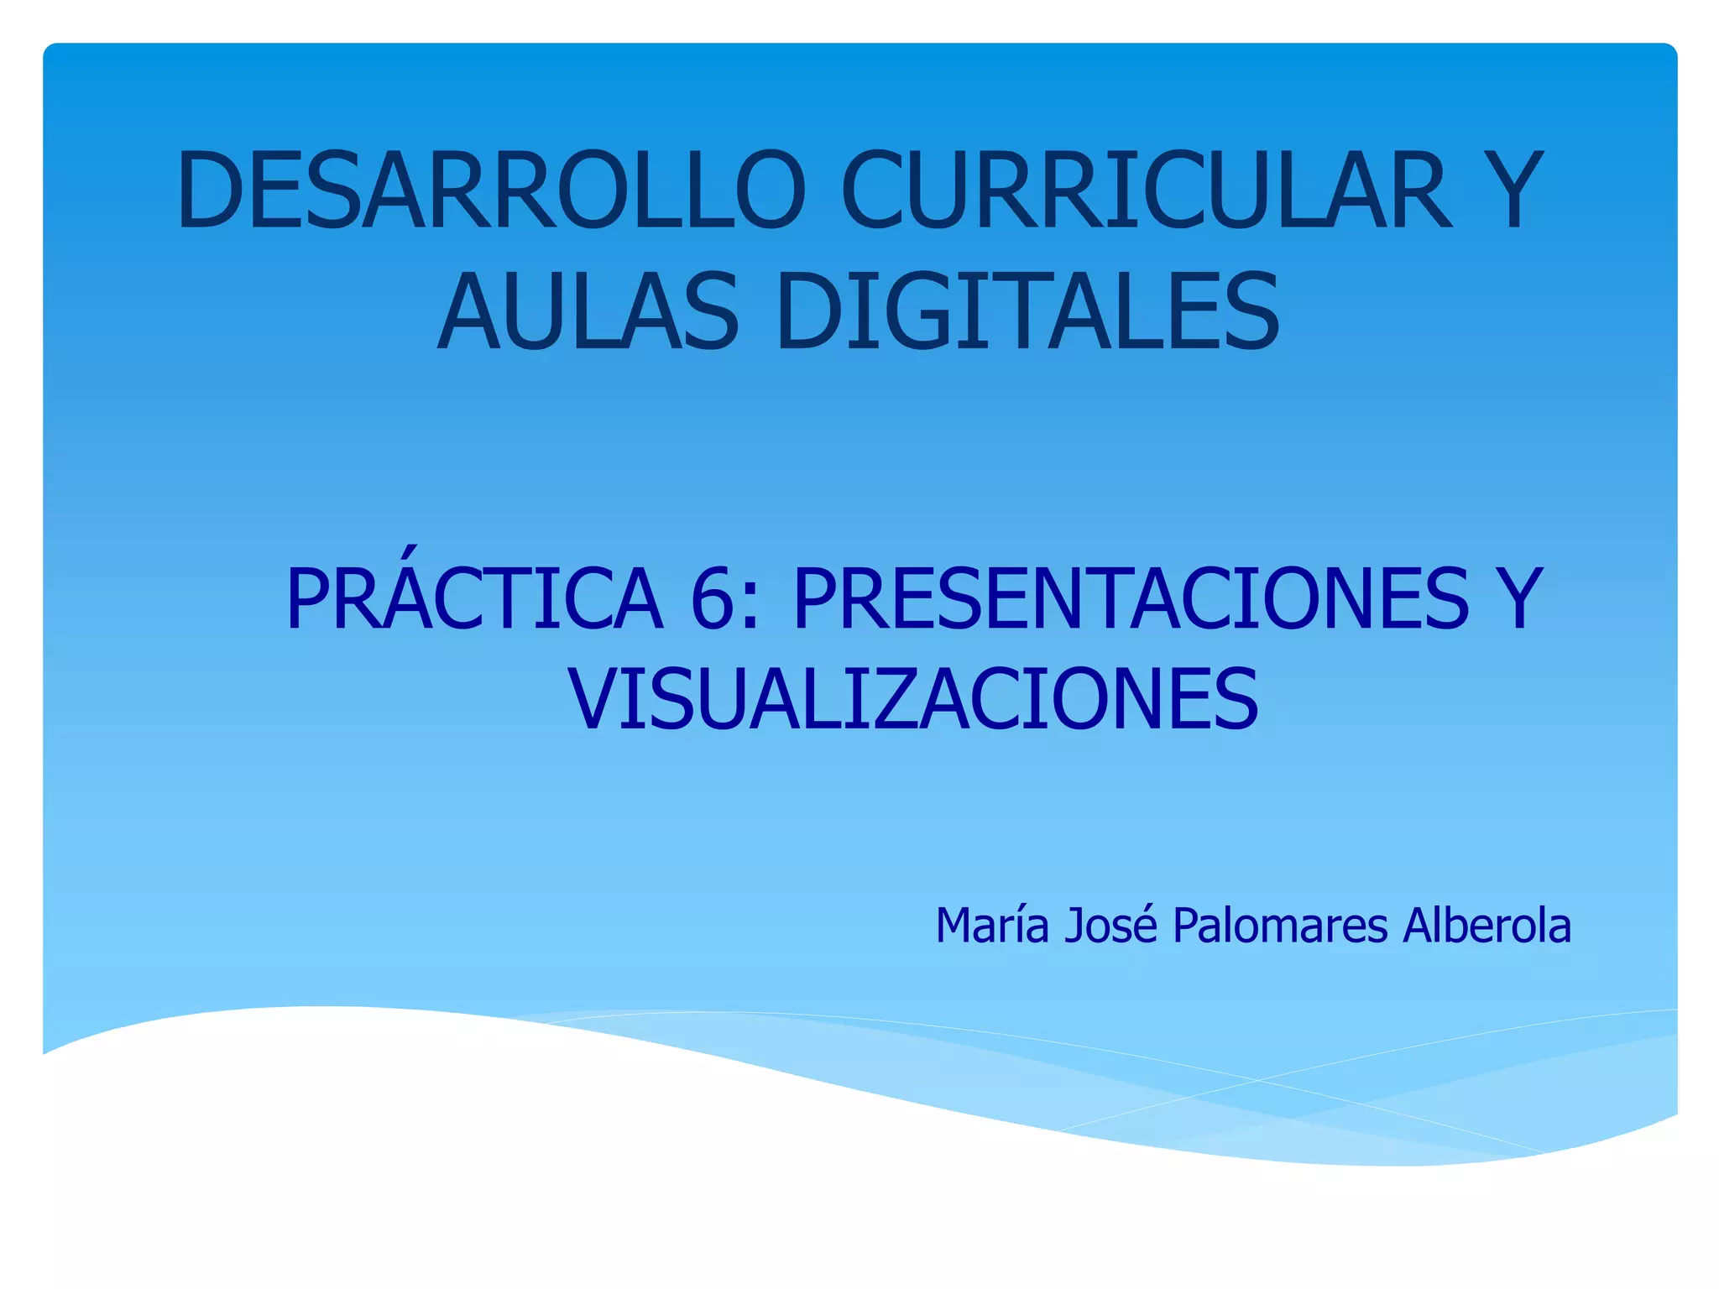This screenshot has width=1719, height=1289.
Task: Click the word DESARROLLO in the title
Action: point(491,190)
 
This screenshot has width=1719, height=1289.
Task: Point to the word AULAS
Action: point(588,312)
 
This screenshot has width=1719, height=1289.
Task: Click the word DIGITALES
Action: point(1028,312)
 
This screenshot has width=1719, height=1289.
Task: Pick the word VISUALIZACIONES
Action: point(913,698)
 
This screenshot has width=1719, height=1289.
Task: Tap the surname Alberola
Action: point(1487,926)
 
